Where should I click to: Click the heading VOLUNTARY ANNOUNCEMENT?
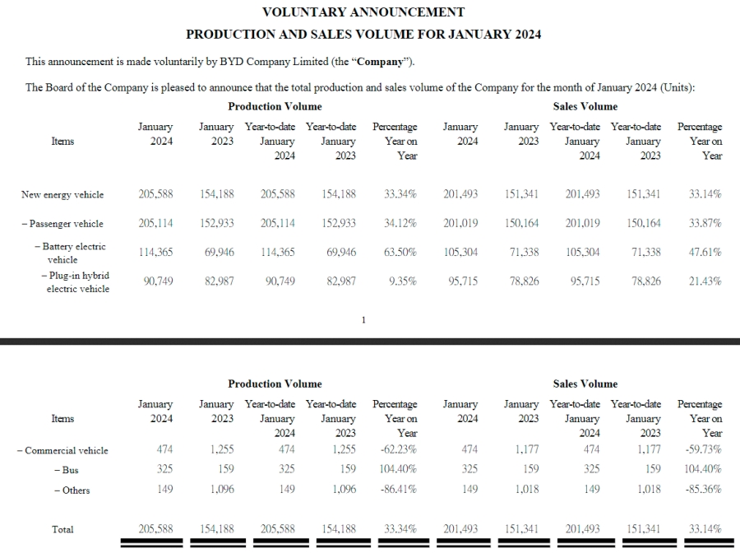tap(363, 12)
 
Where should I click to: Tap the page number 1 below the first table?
tap(363, 320)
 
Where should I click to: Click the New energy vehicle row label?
tap(62, 195)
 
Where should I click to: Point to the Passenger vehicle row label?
tap(62, 224)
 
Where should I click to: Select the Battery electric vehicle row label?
tap(72, 253)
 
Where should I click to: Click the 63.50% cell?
tap(400, 253)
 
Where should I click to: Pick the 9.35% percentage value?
tap(403, 281)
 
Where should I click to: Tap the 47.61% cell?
tap(705, 253)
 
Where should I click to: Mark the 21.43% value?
tap(705, 281)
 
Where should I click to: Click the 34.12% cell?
tap(400, 224)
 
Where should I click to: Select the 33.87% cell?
tap(705, 224)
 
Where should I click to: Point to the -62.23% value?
tap(399, 450)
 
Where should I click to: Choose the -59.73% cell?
tap(703, 450)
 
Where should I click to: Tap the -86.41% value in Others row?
tap(399, 491)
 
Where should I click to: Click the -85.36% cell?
tap(703, 491)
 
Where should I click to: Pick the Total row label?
tap(62, 530)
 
